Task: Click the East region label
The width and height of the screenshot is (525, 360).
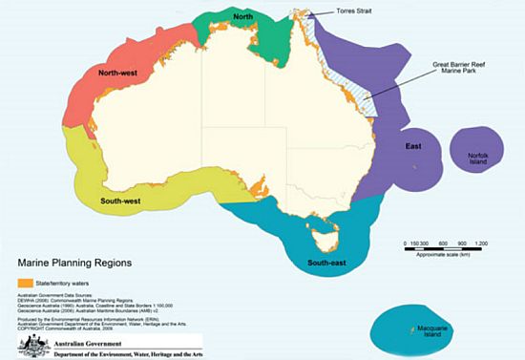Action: click(414, 147)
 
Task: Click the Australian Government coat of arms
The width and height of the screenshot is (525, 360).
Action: click(23, 343)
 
